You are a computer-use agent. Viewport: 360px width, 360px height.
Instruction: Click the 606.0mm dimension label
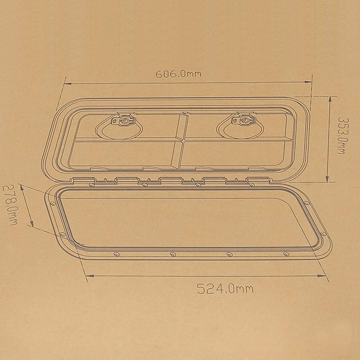pyautogui.click(x=179, y=74)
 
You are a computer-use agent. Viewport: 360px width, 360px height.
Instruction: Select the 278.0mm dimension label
pyautogui.click(x=10, y=205)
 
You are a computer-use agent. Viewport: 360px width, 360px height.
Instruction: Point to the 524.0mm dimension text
pyautogui.click(x=225, y=288)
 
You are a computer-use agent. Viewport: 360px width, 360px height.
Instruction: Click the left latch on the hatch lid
pyautogui.click(x=123, y=120)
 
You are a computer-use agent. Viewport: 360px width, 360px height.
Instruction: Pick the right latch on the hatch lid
pyautogui.click(x=244, y=120)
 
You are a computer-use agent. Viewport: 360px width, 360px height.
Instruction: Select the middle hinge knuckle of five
pyautogui.click(x=171, y=180)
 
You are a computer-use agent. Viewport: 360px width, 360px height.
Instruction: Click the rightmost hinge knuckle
pyautogui.click(x=258, y=180)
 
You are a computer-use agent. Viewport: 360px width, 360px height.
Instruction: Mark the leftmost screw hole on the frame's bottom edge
pyautogui.click(x=116, y=254)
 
